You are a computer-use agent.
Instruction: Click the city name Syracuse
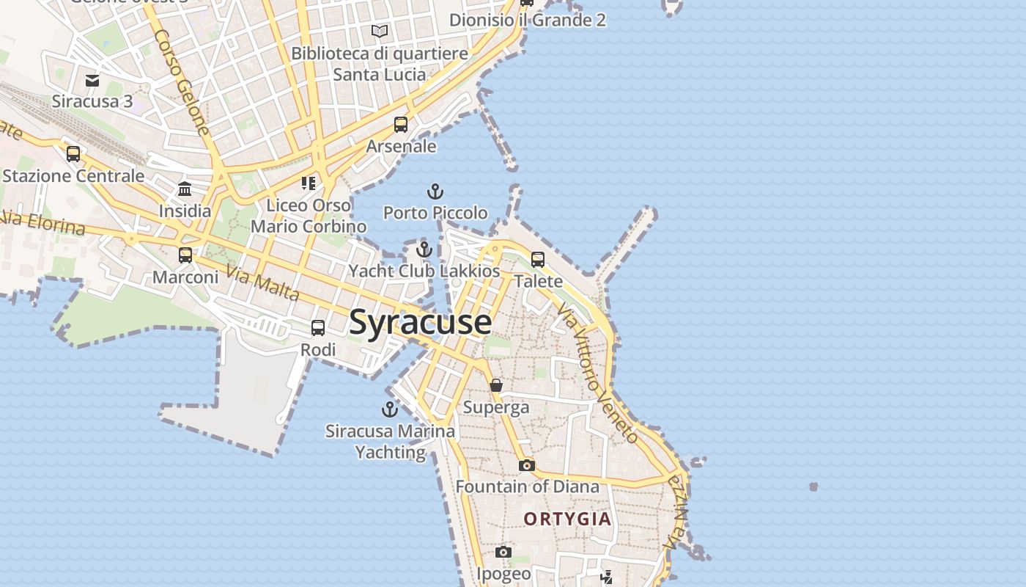pyautogui.click(x=420, y=323)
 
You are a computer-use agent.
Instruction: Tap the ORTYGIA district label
pyautogui.click(x=567, y=519)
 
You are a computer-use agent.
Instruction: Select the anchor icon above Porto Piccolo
pyautogui.click(x=435, y=192)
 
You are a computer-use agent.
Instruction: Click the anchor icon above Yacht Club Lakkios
pyautogui.click(x=424, y=250)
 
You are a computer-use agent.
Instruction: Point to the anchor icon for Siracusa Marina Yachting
pyautogui.click(x=389, y=409)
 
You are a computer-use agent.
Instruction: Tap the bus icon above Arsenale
pyautogui.click(x=401, y=125)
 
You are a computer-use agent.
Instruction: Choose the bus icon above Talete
pyautogui.click(x=538, y=260)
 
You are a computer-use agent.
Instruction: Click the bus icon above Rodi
pyautogui.click(x=318, y=328)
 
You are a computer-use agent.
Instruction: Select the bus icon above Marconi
pyautogui.click(x=185, y=255)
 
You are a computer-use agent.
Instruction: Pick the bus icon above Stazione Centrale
pyautogui.click(x=73, y=154)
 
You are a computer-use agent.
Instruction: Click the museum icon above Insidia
pyautogui.click(x=185, y=190)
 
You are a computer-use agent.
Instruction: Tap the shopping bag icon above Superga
pyautogui.click(x=496, y=385)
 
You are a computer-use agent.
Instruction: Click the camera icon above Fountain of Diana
pyautogui.click(x=526, y=465)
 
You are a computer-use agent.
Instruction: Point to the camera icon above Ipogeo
pyautogui.click(x=503, y=552)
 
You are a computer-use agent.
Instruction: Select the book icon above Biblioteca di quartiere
pyautogui.click(x=379, y=32)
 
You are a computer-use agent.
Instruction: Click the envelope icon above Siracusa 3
pyautogui.click(x=92, y=80)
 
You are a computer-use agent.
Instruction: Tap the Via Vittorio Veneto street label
pyautogui.click(x=597, y=374)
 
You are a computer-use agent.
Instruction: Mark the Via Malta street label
pyautogui.click(x=262, y=282)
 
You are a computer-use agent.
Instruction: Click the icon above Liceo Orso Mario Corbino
pyautogui.click(x=309, y=183)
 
